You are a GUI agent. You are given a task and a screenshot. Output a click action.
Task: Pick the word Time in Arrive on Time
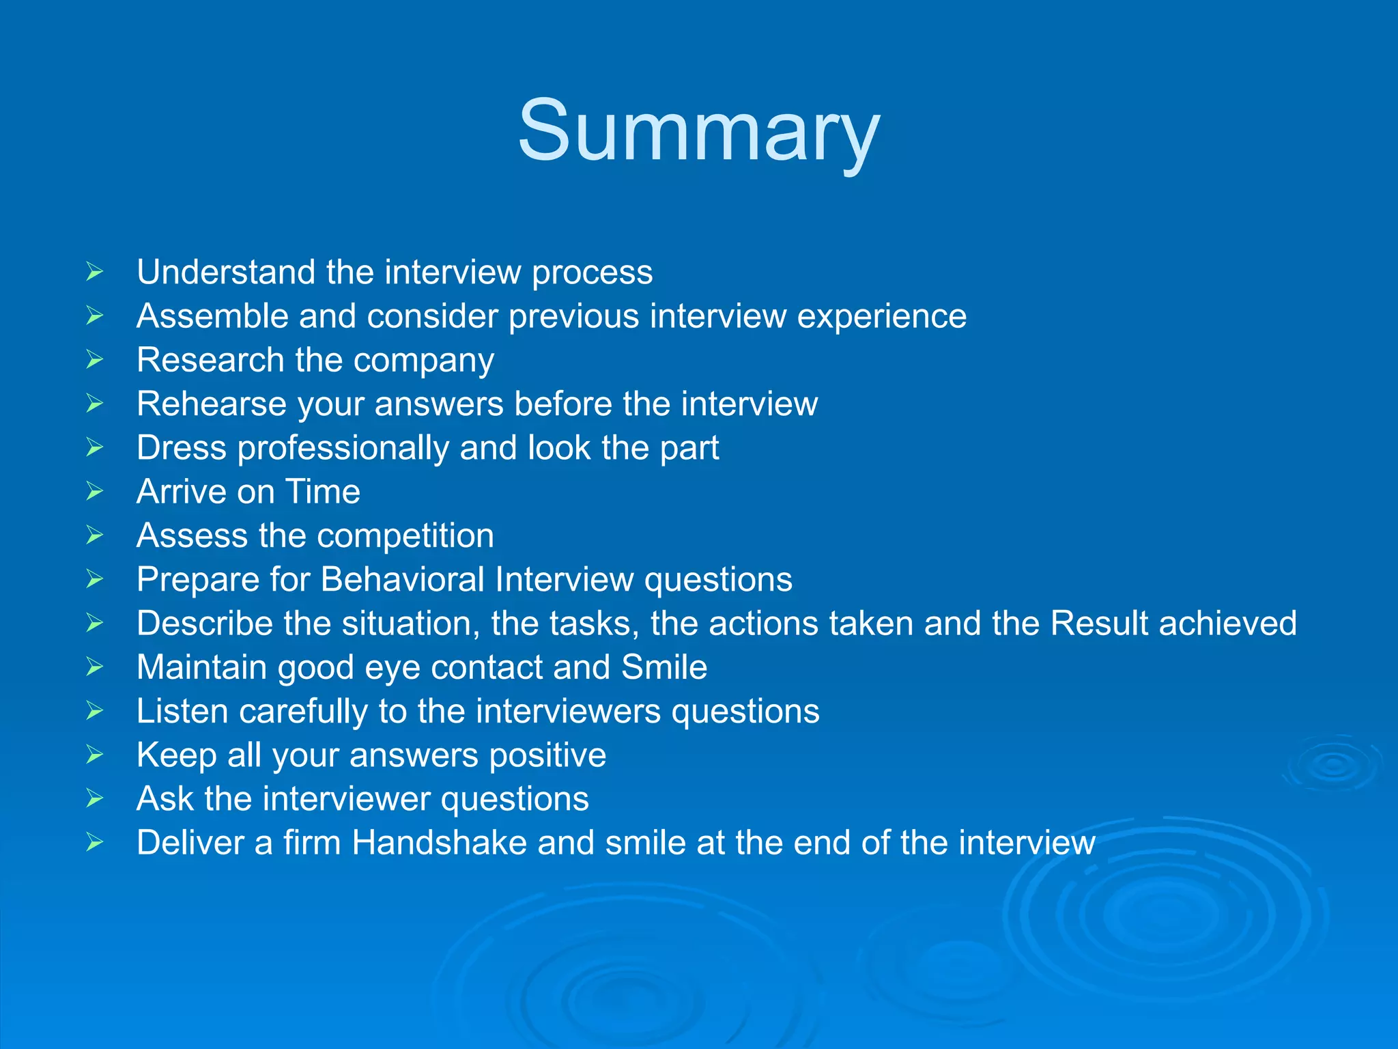point(322,492)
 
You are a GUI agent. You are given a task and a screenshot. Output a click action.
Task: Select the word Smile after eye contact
point(664,667)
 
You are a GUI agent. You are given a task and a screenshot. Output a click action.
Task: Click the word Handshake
point(439,843)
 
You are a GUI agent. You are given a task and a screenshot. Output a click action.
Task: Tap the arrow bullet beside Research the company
point(95,360)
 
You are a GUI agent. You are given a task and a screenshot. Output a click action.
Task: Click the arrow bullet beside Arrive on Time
point(95,492)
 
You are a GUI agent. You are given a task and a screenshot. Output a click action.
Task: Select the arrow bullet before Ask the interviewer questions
point(95,798)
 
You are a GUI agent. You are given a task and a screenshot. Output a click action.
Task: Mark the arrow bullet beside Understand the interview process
point(95,272)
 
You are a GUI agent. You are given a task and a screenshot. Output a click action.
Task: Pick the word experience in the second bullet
point(881,317)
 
